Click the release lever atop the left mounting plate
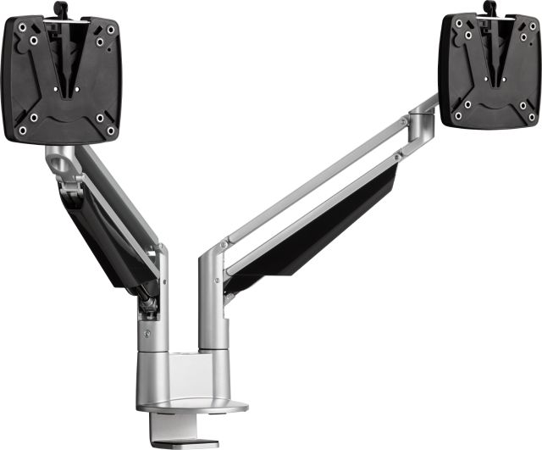[x=59, y=8]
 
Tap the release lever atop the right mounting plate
[x=489, y=8]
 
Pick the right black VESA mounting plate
[x=489, y=72]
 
